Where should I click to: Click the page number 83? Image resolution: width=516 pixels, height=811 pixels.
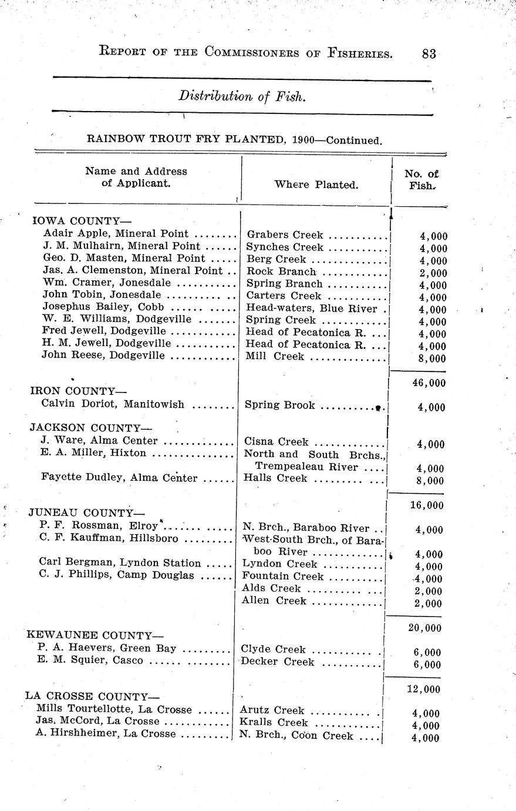point(429,53)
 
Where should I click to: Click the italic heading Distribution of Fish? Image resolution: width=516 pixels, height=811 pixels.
point(242,96)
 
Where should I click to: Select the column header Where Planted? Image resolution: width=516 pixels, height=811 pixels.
point(316,185)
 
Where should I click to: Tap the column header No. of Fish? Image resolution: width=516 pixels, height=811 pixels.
point(421,179)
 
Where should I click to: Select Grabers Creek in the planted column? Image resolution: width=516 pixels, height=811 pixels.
point(285,234)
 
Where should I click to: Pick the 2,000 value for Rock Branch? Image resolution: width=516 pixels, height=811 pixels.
point(433,273)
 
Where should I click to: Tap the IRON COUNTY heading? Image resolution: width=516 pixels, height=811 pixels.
point(78,391)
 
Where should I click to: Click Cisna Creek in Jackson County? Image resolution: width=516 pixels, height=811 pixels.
point(275,441)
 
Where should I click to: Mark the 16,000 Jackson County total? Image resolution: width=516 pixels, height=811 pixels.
point(427,505)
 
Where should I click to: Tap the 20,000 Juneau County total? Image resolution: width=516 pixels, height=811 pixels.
point(424,628)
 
